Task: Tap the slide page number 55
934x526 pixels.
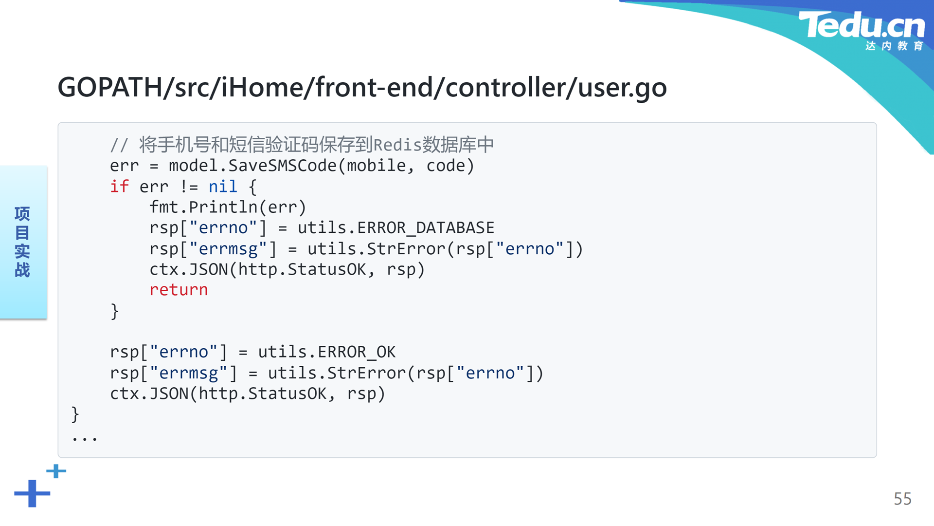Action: [x=902, y=499]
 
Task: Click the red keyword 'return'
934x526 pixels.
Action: [x=179, y=290]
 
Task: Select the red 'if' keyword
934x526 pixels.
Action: [x=119, y=186]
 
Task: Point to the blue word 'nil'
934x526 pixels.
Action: [x=223, y=186]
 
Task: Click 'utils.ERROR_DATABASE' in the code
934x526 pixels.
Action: [x=396, y=227]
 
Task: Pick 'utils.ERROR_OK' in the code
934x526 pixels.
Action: [x=327, y=352]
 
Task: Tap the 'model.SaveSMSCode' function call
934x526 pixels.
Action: [x=252, y=166]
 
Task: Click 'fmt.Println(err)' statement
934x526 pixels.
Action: [x=228, y=207]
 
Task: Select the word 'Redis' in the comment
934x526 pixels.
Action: [x=397, y=145]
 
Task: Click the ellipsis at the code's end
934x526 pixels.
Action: [x=84, y=439]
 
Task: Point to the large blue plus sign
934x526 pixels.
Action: [x=32, y=493]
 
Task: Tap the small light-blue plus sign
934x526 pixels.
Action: [x=56, y=471]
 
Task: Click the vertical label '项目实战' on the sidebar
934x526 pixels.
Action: [x=22, y=242]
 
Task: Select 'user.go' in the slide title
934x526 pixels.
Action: [x=622, y=88]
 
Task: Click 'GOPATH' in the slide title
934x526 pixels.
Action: [x=110, y=88]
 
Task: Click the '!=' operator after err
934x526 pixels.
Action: [x=189, y=186]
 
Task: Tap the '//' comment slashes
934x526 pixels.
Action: [x=119, y=145]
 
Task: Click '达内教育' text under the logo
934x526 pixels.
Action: [x=894, y=46]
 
